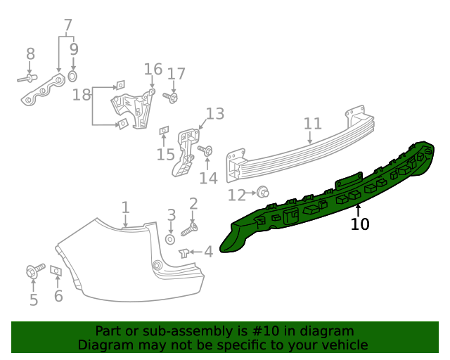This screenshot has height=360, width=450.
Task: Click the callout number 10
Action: click(360, 224)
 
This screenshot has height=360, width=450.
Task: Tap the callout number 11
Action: click(312, 124)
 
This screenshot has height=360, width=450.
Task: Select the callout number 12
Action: click(236, 193)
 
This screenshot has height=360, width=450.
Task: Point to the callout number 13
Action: click(214, 113)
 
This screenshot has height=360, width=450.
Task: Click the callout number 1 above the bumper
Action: click(125, 207)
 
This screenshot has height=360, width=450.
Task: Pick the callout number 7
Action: click(67, 26)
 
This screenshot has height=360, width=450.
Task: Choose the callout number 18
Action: click(82, 95)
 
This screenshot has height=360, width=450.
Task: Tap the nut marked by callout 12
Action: click(263, 191)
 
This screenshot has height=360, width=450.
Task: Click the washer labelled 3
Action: click(170, 240)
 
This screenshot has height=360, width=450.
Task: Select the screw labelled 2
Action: click(190, 228)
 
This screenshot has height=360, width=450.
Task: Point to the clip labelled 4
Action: click(184, 252)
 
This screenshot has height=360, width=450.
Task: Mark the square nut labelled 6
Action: click(57, 271)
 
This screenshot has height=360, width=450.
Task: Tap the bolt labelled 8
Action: click(27, 79)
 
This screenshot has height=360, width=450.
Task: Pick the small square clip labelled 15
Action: click(165, 130)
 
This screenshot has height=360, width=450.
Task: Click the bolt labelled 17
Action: click(172, 97)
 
